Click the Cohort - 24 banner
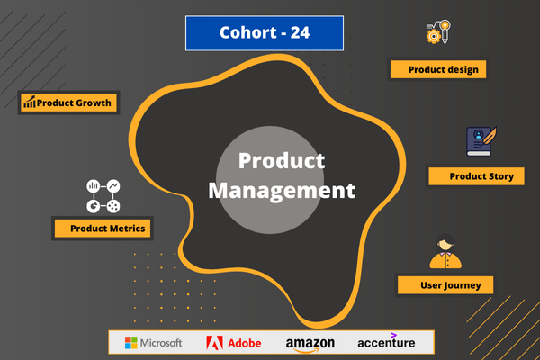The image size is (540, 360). click(265, 33)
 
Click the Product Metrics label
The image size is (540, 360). click(101, 229)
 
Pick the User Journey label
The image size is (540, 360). click(444, 285)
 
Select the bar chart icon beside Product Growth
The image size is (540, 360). click(30, 103)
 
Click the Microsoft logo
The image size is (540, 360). click(153, 343)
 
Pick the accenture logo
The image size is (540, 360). click(386, 342)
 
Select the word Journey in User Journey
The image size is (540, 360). click(460, 285)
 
